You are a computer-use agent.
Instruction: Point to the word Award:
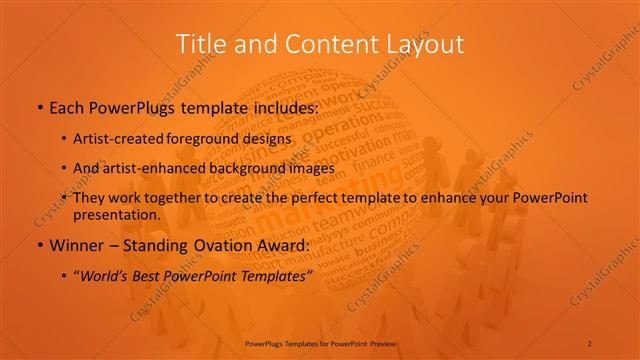tap(280, 245)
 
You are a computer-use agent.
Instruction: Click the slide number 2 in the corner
tap(590, 343)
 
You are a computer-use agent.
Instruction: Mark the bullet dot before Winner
tap(38, 246)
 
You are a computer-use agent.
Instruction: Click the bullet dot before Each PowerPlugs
tap(38, 107)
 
